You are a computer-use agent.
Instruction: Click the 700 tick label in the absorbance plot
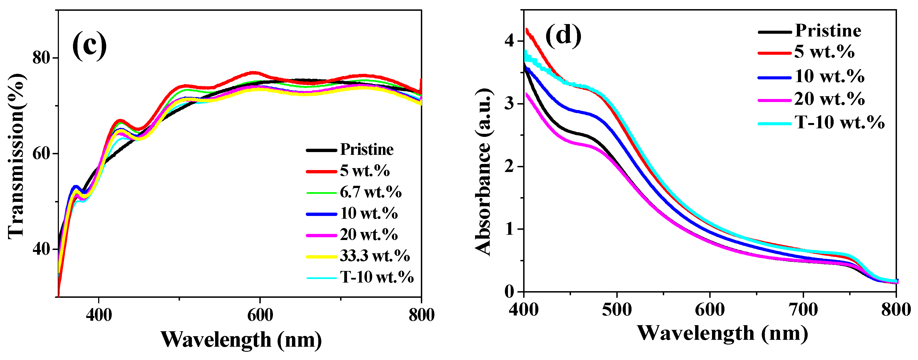[803, 309]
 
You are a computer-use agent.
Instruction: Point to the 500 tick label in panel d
[617, 309]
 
